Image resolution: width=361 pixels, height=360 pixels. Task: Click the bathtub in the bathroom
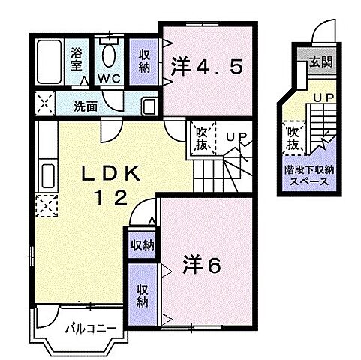(x=51, y=59)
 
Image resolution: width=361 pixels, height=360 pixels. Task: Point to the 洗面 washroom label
(x=86, y=106)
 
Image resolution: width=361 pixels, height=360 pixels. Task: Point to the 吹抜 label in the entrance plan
(x=293, y=137)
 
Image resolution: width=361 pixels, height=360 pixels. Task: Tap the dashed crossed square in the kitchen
(x=44, y=204)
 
